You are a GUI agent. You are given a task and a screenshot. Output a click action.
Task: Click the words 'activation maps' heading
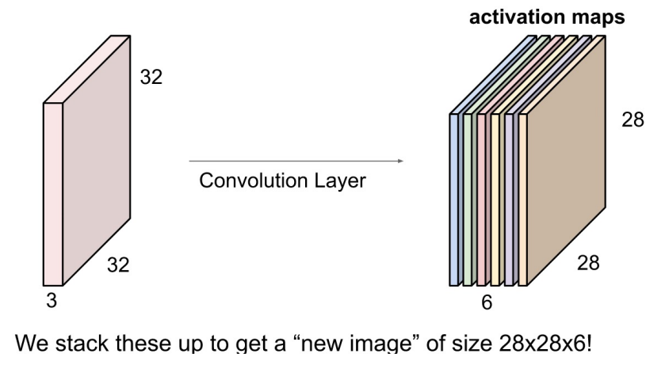click(x=548, y=16)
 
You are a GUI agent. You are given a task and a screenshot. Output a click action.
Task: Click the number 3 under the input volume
click(x=52, y=300)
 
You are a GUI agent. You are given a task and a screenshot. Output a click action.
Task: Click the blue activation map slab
click(x=454, y=199)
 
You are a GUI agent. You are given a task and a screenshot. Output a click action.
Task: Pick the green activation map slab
click(x=468, y=199)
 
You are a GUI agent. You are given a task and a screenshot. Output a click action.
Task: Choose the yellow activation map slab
click(x=495, y=199)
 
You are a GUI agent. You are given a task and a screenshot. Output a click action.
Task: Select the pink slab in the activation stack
click(x=481, y=199)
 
